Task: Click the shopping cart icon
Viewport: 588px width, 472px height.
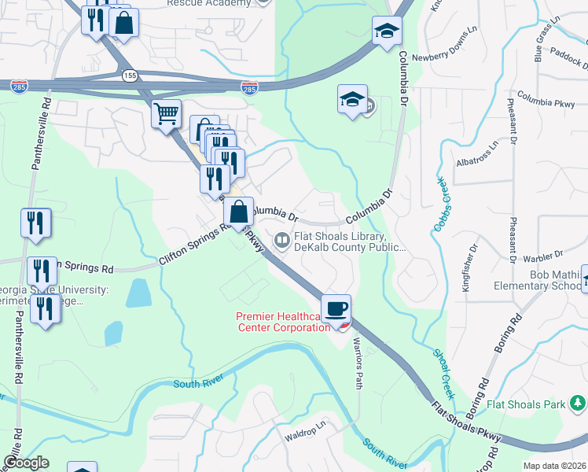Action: (166, 115)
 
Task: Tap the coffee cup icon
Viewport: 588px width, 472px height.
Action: (336, 308)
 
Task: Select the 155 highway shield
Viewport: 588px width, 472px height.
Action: (129, 75)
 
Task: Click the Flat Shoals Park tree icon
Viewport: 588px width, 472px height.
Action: (579, 404)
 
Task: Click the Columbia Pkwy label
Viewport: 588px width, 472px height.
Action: (535, 102)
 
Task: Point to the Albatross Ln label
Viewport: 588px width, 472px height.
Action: (477, 155)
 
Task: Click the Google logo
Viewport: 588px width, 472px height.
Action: (26, 462)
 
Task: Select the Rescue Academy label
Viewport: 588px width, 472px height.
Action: (209, 3)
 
